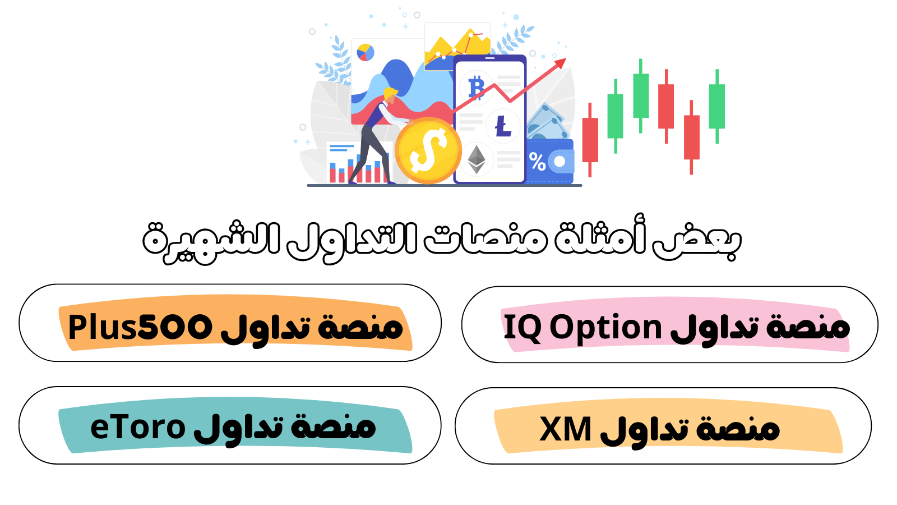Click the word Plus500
pos(140,327)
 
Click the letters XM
pos(565,429)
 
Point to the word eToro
pos(138,427)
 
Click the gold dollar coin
pos(428,151)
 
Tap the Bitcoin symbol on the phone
pos(477,87)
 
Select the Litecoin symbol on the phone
pos(503,126)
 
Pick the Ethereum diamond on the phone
pos(477,159)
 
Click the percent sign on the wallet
pos(538,162)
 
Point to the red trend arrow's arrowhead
pos(560,64)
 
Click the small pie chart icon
pos(365,53)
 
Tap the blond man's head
pos(390,95)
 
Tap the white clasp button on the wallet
pos(560,162)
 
